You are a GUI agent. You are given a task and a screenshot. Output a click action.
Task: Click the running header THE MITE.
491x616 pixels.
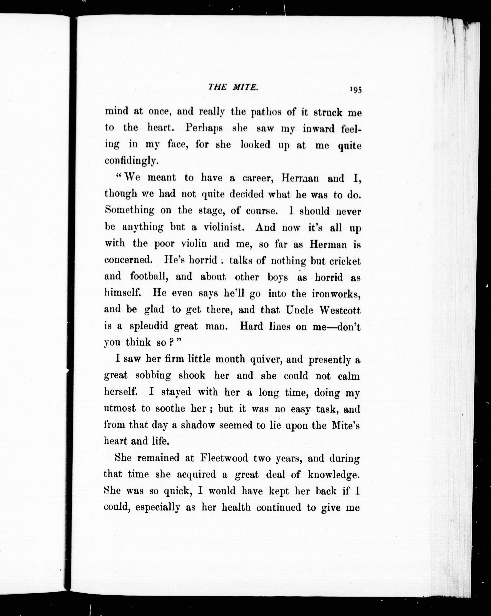pyautogui.click(x=234, y=87)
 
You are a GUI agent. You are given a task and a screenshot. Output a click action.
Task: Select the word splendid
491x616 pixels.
pyautogui.click(x=149, y=326)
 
